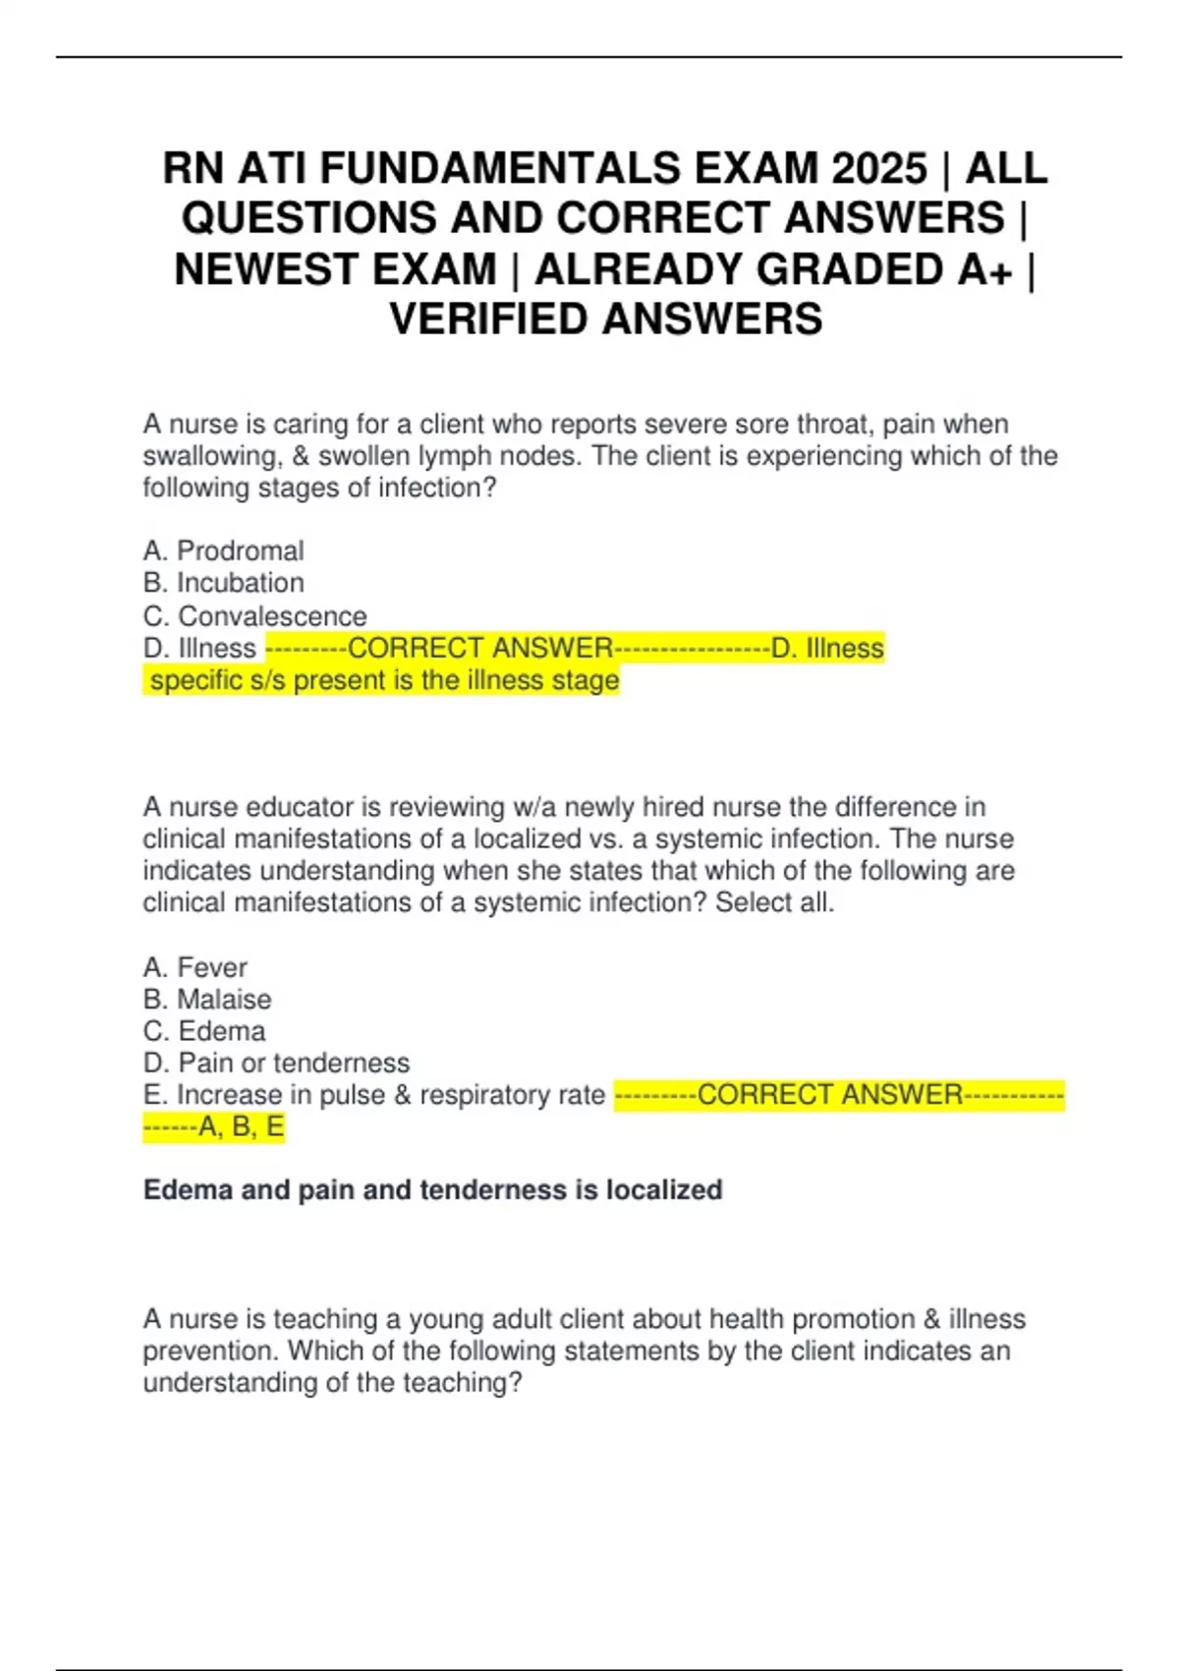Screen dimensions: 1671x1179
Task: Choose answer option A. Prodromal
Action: tap(224, 550)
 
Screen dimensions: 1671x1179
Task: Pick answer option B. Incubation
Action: tap(224, 583)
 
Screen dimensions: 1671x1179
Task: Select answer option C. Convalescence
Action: tap(255, 616)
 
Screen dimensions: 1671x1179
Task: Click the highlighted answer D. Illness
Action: tap(827, 649)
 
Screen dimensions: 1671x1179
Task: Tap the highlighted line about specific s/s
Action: tap(383, 680)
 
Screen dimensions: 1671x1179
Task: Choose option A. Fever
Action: tap(196, 967)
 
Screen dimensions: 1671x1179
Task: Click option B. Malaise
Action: tap(207, 1000)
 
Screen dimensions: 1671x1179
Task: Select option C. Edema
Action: tap(204, 1031)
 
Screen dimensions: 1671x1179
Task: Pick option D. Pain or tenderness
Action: tap(276, 1063)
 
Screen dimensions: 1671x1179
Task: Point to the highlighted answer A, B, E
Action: tap(241, 1126)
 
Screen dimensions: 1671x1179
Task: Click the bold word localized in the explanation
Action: tap(664, 1190)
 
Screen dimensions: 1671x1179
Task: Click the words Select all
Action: tap(774, 902)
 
